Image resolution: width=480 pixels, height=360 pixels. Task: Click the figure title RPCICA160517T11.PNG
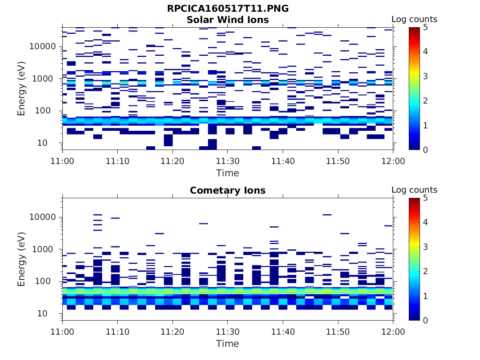click(228, 8)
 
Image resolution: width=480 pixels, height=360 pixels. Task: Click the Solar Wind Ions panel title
click(228, 20)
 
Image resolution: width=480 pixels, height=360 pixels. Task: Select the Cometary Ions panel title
click(228, 190)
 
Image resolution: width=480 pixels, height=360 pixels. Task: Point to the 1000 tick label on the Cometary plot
click(45, 249)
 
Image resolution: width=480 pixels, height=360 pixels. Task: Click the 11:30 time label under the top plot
click(228, 161)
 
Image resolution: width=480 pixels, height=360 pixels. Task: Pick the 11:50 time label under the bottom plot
click(338, 332)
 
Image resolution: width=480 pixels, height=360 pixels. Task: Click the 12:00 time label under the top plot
click(393, 161)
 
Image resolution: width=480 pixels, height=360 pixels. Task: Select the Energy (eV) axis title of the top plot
click(22, 89)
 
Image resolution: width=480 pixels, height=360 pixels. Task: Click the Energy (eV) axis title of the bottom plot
click(22, 259)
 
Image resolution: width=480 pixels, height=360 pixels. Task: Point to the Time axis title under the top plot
click(228, 173)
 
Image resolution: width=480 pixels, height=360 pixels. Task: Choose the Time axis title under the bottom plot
click(228, 344)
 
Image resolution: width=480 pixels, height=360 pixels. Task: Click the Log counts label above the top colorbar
click(414, 19)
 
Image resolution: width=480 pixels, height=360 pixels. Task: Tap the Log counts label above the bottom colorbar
click(414, 190)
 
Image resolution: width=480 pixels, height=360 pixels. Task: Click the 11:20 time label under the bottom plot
click(172, 332)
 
